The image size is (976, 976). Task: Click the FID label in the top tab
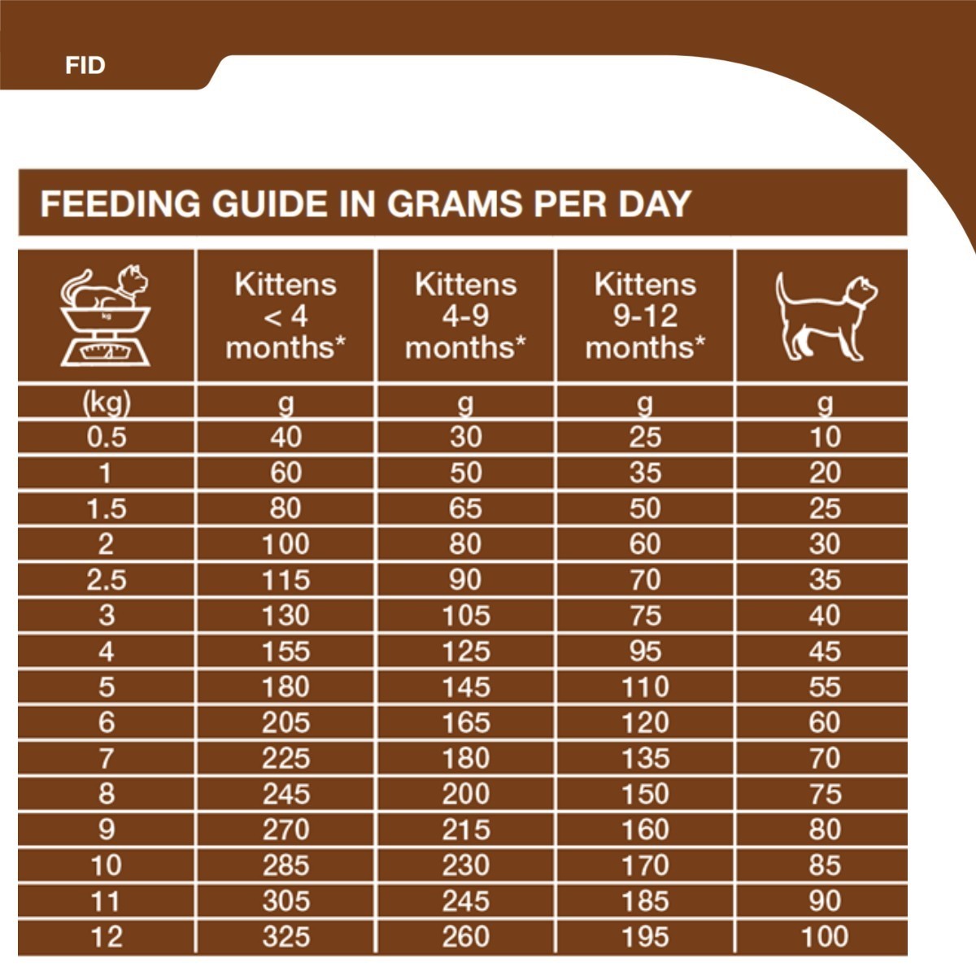85,65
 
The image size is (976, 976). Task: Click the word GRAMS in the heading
455,203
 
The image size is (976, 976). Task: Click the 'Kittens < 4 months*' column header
285,316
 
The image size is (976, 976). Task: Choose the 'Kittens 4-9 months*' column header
465,316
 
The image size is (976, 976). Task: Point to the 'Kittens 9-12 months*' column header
645,316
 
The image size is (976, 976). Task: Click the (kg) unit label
107,403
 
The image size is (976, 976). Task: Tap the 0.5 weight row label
107,438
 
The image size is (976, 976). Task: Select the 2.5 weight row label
107,580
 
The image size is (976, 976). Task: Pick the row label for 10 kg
107,865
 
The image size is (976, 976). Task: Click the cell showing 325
285,937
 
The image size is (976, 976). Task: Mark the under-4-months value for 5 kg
285,687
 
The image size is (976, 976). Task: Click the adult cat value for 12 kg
824,937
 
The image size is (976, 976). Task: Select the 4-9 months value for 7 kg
465,758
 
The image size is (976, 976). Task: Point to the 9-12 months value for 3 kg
645,616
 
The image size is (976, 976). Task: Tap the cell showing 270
285,830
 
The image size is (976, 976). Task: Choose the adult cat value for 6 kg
824,722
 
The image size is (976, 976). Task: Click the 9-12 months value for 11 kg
645,901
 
